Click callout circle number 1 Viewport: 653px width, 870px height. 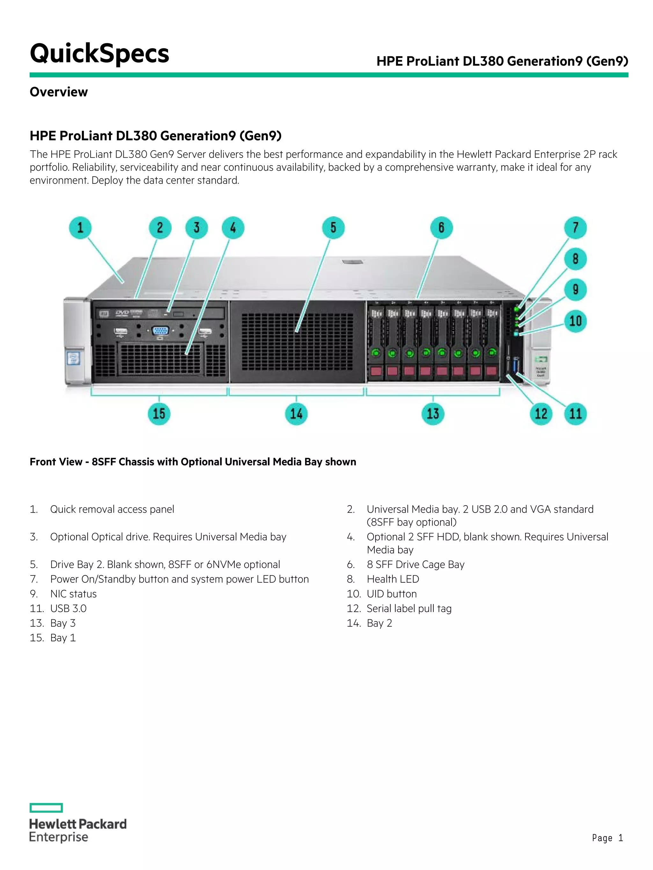tap(80, 228)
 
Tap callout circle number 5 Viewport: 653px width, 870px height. tap(333, 228)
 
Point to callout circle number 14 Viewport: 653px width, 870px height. tap(296, 413)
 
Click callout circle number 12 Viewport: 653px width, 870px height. tap(540, 413)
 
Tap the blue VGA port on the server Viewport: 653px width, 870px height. tap(160, 330)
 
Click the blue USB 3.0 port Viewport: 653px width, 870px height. tap(517, 364)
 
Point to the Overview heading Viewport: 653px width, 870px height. tap(59, 92)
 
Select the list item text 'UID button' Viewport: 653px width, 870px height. tap(391, 594)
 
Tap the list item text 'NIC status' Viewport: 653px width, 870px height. tap(73, 594)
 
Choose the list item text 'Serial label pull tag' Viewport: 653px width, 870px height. tap(409, 608)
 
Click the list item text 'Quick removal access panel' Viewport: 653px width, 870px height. tap(112, 509)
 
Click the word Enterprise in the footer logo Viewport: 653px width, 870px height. tap(59, 837)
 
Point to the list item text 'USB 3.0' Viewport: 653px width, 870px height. tap(68, 608)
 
